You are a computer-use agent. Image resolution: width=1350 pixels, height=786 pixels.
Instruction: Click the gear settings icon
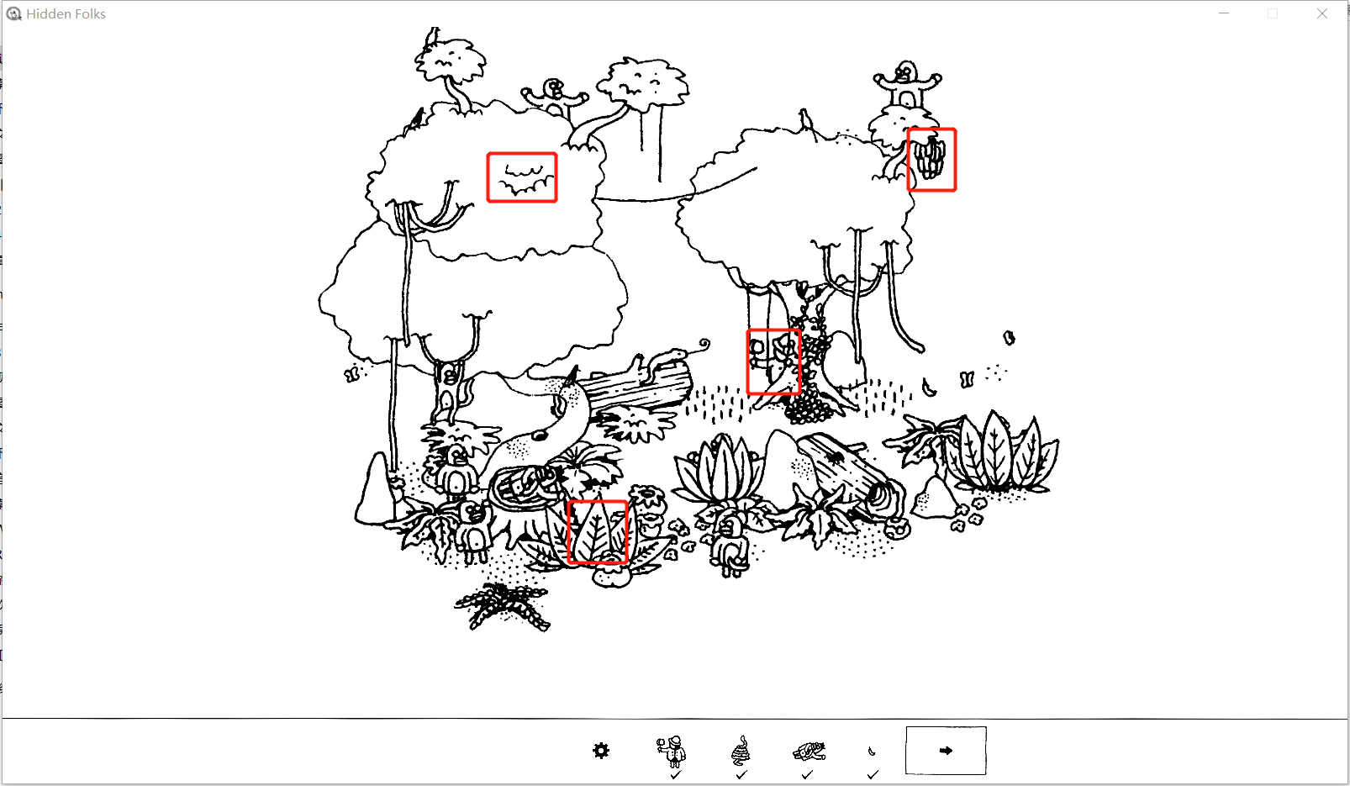[x=601, y=751]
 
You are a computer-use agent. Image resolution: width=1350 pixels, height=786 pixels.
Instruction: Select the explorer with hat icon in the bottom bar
[x=672, y=751]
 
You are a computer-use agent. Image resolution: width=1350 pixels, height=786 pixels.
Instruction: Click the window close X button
[x=1321, y=13]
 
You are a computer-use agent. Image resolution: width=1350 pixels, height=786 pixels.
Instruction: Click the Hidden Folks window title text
[x=66, y=13]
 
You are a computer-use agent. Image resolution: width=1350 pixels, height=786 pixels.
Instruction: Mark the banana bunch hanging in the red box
[x=931, y=158]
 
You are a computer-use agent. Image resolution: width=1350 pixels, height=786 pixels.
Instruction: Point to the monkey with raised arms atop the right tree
[x=906, y=84]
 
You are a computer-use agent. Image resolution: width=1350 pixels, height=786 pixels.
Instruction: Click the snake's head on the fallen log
[x=678, y=351]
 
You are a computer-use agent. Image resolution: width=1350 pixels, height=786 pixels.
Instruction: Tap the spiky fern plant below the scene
[x=502, y=606]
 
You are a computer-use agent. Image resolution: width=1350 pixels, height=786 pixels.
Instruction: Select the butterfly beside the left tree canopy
[x=351, y=374]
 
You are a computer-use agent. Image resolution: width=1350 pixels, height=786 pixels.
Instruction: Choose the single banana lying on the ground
[x=929, y=388]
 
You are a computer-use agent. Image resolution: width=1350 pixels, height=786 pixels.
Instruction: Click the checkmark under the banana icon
[x=873, y=774]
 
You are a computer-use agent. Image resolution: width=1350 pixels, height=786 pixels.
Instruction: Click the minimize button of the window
[x=1223, y=13]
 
